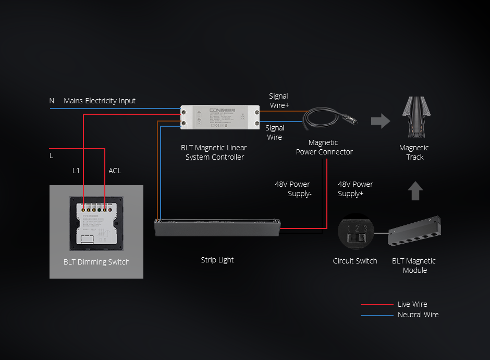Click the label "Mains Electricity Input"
tap(100, 101)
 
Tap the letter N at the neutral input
tap(52, 101)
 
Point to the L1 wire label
tap(76, 171)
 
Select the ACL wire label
tap(115, 171)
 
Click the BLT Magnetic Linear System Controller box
tap(220, 117)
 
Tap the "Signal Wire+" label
tap(279, 101)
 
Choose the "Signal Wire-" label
tap(275, 133)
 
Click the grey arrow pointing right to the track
tap(381, 121)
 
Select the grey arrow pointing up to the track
tap(415, 190)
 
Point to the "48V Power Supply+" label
tap(355, 189)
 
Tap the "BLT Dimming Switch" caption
tap(96, 262)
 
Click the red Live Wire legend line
tap(377, 305)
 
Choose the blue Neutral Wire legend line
tap(377, 315)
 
